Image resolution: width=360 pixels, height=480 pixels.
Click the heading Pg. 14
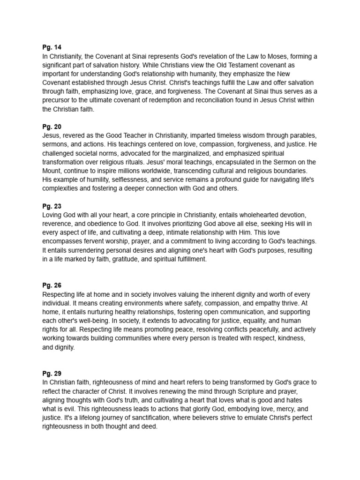pyautogui.click(x=52, y=47)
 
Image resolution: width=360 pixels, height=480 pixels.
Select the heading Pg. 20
pyautogui.click(x=52, y=127)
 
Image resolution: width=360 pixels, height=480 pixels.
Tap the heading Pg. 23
pyautogui.click(x=52, y=206)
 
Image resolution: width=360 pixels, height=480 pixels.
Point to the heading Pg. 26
pyautogui.click(x=52, y=285)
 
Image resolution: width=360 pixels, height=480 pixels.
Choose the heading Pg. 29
pyautogui.click(x=52, y=373)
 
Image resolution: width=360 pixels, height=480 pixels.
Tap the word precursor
pyautogui.click(x=59, y=101)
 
